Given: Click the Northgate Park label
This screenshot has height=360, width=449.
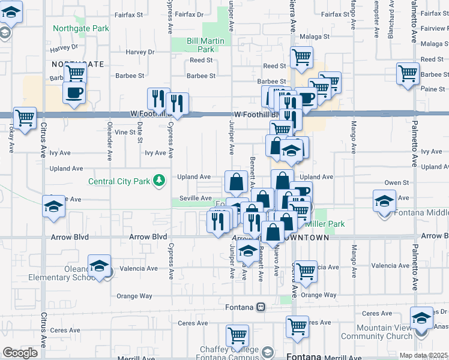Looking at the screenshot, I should (x=81, y=28).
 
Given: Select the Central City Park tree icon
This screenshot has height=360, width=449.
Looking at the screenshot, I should (x=159, y=180).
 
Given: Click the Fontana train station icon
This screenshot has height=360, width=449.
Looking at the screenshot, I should (x=261, y=307).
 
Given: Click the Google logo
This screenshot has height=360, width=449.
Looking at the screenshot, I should (x=19, y=353).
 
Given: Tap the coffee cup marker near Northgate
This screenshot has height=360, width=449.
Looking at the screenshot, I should (x=74, y=92).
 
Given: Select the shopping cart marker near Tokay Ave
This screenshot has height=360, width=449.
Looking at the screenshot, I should (x=25, y=118).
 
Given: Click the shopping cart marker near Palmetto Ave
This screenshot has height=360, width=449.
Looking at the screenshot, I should (x=408, y=73).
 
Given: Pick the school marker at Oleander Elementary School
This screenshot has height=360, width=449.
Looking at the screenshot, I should (x=99, y=265).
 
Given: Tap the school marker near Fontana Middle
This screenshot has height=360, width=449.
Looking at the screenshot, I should (x=384, y=200).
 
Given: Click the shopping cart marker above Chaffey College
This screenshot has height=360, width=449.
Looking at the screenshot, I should (x=238, y=335).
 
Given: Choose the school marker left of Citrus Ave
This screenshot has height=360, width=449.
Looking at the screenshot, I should (x=53, y=207).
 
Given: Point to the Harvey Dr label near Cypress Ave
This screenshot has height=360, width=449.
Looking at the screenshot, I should (x=140, y=52).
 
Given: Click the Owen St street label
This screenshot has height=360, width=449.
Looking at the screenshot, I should (x=396, y=182).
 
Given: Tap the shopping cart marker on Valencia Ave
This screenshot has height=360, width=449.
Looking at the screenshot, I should (x=306, y=271).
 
